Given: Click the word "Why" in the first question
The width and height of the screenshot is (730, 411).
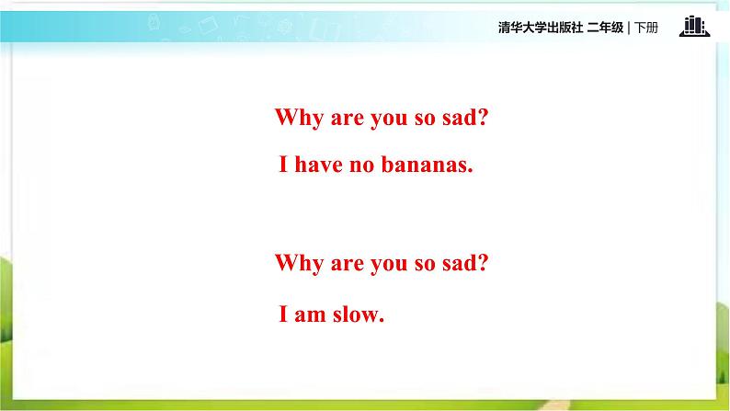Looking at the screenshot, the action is point(299,118).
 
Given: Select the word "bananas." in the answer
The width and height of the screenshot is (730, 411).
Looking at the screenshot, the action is point(427,164).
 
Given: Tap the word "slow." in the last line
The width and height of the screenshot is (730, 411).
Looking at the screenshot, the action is point(359,314).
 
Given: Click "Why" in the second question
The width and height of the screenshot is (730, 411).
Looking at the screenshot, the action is point(299,264).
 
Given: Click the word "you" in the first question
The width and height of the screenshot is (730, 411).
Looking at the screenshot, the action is point(389,120).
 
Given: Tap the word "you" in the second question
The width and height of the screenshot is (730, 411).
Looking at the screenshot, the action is point(389,266).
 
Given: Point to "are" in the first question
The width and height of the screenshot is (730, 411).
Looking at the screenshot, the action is point(348,119).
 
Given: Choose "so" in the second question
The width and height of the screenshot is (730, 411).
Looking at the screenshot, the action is point(425,265).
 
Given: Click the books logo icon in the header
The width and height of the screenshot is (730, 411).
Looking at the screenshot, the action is point(695,26).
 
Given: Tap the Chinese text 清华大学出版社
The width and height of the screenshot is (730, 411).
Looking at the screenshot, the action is point(541,28).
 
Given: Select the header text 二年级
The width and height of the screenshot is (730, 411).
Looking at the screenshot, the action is point(605,28).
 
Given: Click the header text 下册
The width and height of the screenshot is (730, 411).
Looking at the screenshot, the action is point(646,28).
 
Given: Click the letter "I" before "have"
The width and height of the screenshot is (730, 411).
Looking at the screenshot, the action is point(283,164).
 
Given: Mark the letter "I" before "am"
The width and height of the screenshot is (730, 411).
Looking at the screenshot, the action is point(283,314).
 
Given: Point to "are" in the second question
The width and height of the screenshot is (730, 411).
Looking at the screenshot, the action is point(348,265).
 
